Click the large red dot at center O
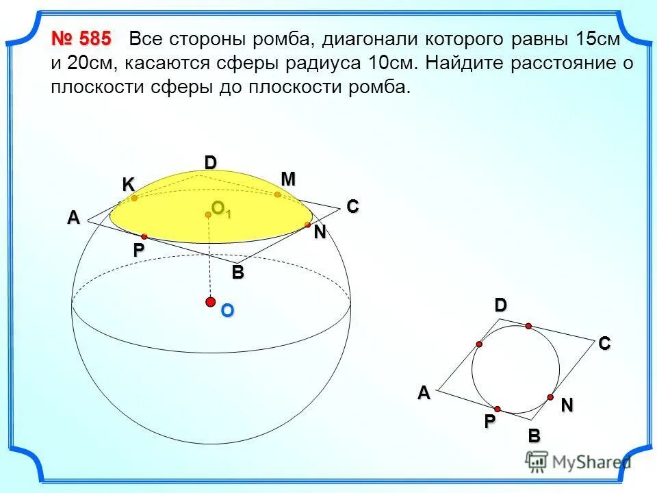point(211,302)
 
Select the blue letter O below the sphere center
point(227,311)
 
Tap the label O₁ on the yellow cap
point(221,209)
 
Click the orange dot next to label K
point(135,199)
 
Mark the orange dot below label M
point(278,195)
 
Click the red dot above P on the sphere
point(144,236)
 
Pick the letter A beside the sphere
point(73,218)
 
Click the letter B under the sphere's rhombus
point(237,273)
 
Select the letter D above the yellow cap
point(210,162)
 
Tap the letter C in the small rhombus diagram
point(604,345)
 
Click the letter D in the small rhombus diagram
point(502,306)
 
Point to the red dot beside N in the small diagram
point(550,397)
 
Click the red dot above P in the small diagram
point(498,408)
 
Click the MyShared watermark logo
point(579,462)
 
